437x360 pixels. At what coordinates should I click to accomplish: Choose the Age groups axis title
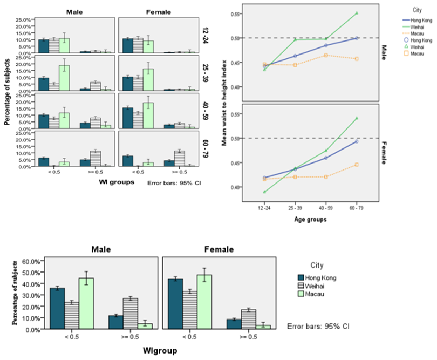[x=318, y=219]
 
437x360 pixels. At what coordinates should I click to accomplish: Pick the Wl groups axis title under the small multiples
[x=115, y=182]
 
